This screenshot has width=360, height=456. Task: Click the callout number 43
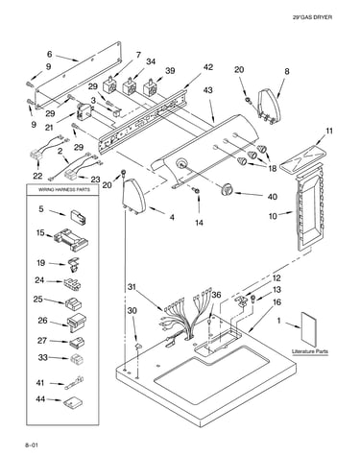(207, 90)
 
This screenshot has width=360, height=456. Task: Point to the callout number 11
(329, 131)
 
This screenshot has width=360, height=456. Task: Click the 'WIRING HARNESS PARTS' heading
(64, 189)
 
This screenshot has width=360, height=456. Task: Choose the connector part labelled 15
(71, 240)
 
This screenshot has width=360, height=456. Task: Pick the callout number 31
(132, 287)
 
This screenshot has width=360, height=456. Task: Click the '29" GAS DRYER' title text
(312, 17)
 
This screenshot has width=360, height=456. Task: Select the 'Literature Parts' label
(310, 351)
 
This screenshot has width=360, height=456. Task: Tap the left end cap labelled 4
(134, 196)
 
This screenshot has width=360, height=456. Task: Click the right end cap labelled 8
(270, 106)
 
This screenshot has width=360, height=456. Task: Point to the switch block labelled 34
(131, 86)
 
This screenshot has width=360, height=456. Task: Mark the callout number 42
(207, 67)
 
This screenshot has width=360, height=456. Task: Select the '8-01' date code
(32, 445)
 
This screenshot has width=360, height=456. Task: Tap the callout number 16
(277, 302)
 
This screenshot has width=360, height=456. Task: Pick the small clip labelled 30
(138, 346)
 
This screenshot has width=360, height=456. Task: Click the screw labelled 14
(196, 190)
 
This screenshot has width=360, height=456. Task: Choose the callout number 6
(49, 54)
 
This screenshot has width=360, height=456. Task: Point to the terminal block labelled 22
(36, 155)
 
